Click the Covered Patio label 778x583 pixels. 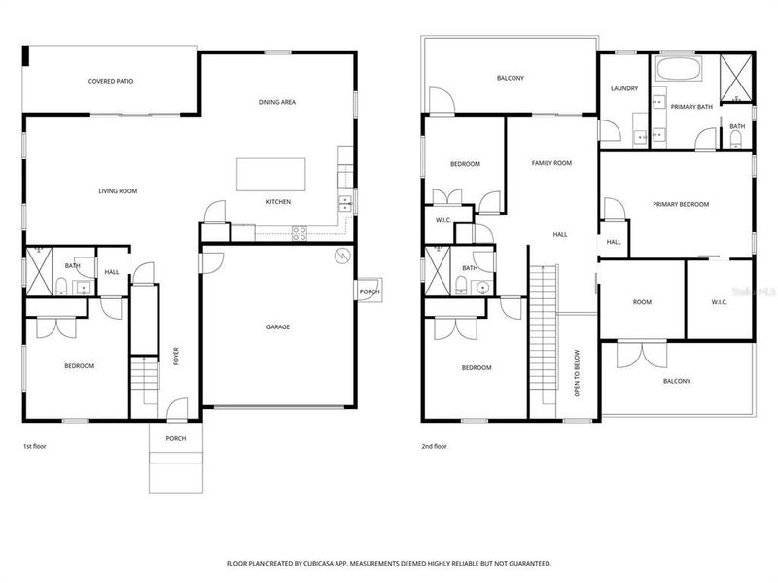(x=110, y=81)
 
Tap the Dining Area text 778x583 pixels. (x=277, y=102)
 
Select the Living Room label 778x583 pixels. (x=118, y=191)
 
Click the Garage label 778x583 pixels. (x=279, y=326)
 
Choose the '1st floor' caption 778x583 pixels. (x=35, y=446)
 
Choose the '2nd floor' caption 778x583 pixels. (x=434, y=446)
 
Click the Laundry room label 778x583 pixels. (x=624, y=88)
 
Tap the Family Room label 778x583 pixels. (x=551, y=163)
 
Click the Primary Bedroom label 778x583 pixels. (x=681, y=204)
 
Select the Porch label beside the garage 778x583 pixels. (x=369, y=291)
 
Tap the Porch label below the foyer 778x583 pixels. (x=175, y=438)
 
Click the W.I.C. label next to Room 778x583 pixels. (x=720, y=302)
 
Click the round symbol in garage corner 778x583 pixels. (x=341, y=257)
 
